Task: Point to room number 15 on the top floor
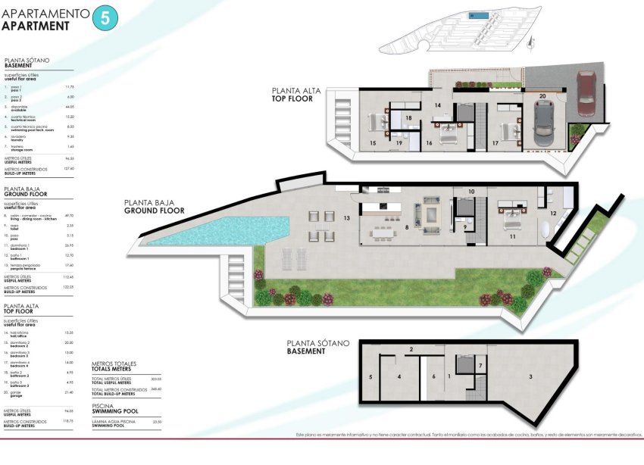pyautogui.click(x=373, y=142)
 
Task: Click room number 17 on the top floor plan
pyautogui.click(x=496, y=142)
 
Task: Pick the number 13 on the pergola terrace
pyautogui.click(x=346, y=218)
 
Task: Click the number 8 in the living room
pyautogui.click(x=407, y=226)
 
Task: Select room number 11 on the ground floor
pyautogui.click(x=512, y=237)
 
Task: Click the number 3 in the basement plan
pyautogui.click(x=530, y=376)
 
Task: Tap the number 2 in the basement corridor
pyautogui.click(x=411, y=349)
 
